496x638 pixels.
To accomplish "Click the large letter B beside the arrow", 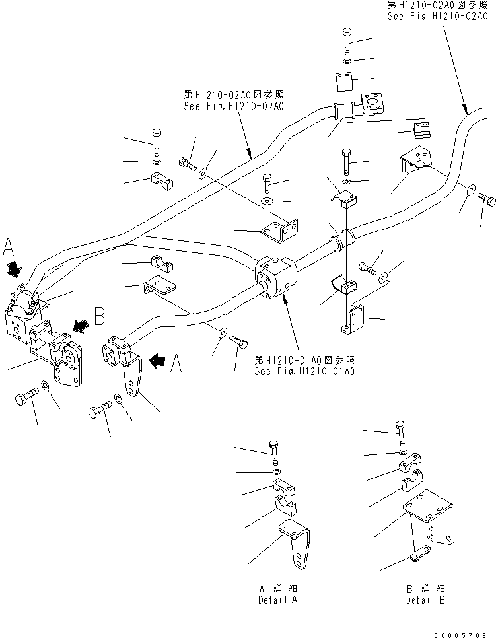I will click(98, 317).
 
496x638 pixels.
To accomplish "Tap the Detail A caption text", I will click(277, 595).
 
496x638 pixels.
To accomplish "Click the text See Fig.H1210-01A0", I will click(304, 371).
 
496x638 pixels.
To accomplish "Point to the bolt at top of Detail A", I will click(274, 451).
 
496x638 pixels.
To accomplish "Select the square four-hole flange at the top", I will click(371, 106).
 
